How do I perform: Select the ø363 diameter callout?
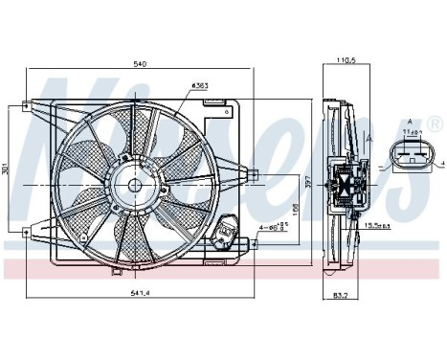201,86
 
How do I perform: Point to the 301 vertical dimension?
8,170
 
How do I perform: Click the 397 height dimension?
307,181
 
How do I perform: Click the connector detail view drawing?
409,156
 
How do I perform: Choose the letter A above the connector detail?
410,122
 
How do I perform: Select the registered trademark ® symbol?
436,125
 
